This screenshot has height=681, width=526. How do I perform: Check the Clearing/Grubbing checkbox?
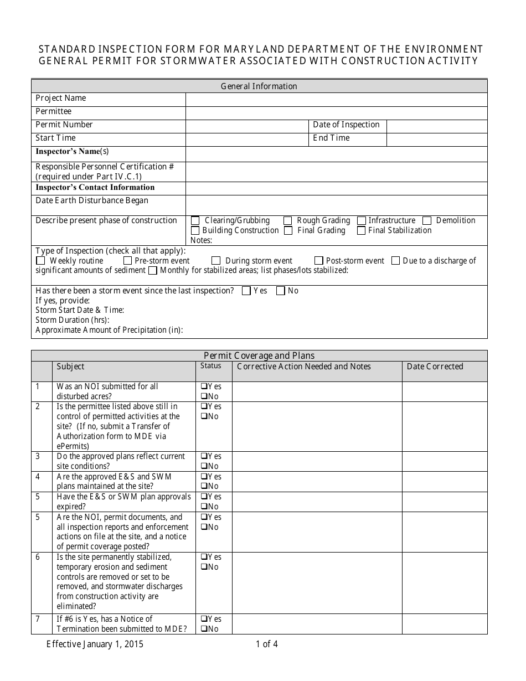[x=195, y=220]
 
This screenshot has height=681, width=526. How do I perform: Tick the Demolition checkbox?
[x=427, y=220]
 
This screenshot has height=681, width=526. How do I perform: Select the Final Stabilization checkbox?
[x=361, y=230]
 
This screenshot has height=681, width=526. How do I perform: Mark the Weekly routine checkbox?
[x=40, y=261]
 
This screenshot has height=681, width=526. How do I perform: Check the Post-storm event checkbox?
[x=319, y=261]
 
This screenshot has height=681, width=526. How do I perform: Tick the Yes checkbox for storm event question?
[x=246, y=291]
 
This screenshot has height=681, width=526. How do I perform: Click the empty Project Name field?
[x=336, y=99]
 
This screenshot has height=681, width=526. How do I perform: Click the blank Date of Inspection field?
[x=436, y=125]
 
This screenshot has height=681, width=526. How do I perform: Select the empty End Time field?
[x=436, y=138]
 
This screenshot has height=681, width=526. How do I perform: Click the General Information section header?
[x=259, y=86]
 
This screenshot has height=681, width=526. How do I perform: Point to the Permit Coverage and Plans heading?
[x=259, y=355]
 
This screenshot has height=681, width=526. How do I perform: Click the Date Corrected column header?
[x=435, y=367]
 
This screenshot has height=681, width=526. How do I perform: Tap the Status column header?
[x=210, y=366]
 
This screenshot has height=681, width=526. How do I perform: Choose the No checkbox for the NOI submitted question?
[x=204, y=396]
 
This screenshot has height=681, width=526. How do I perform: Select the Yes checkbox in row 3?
[x=204, y=456]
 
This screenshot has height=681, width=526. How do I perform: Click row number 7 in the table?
[x=38, y=619]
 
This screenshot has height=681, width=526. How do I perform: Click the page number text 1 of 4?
[x=267, y=644]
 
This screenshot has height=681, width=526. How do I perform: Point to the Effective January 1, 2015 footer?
[x=95, y=644]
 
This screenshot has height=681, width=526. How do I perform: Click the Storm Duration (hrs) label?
[x=73, y=320]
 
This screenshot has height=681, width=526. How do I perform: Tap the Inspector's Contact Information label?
[x=95, y=188]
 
